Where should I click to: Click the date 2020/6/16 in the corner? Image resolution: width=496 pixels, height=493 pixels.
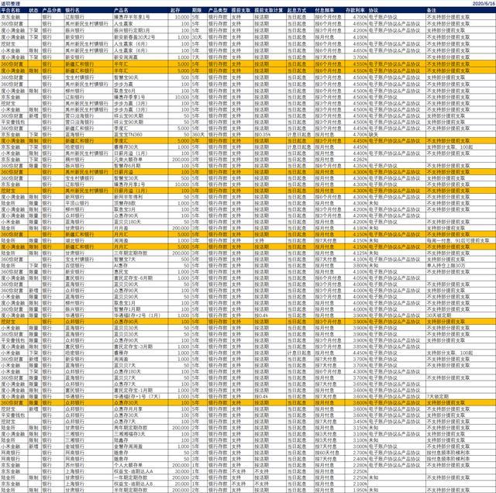481,4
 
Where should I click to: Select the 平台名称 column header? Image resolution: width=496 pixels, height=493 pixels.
13,10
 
